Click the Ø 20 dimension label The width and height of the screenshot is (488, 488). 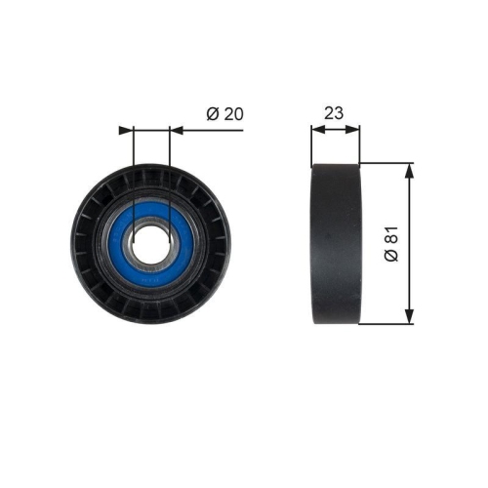point(224,113)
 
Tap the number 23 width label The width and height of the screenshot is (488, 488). point(335,112)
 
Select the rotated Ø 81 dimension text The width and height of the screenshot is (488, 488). point(391,244)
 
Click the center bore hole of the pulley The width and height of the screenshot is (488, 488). point(149,243)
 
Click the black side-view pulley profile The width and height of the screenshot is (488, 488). point(335,244)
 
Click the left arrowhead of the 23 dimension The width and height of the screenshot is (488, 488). point(315,128)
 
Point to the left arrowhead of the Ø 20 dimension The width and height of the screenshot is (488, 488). point(124,128)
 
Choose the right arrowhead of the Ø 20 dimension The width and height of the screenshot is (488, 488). point(176,128)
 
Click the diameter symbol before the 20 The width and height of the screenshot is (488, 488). point(212,113)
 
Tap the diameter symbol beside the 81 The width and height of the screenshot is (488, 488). point(391,258)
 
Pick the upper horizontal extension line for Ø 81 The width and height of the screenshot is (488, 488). point(386,163)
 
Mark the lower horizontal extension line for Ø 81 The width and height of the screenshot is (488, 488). point(386,325)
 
